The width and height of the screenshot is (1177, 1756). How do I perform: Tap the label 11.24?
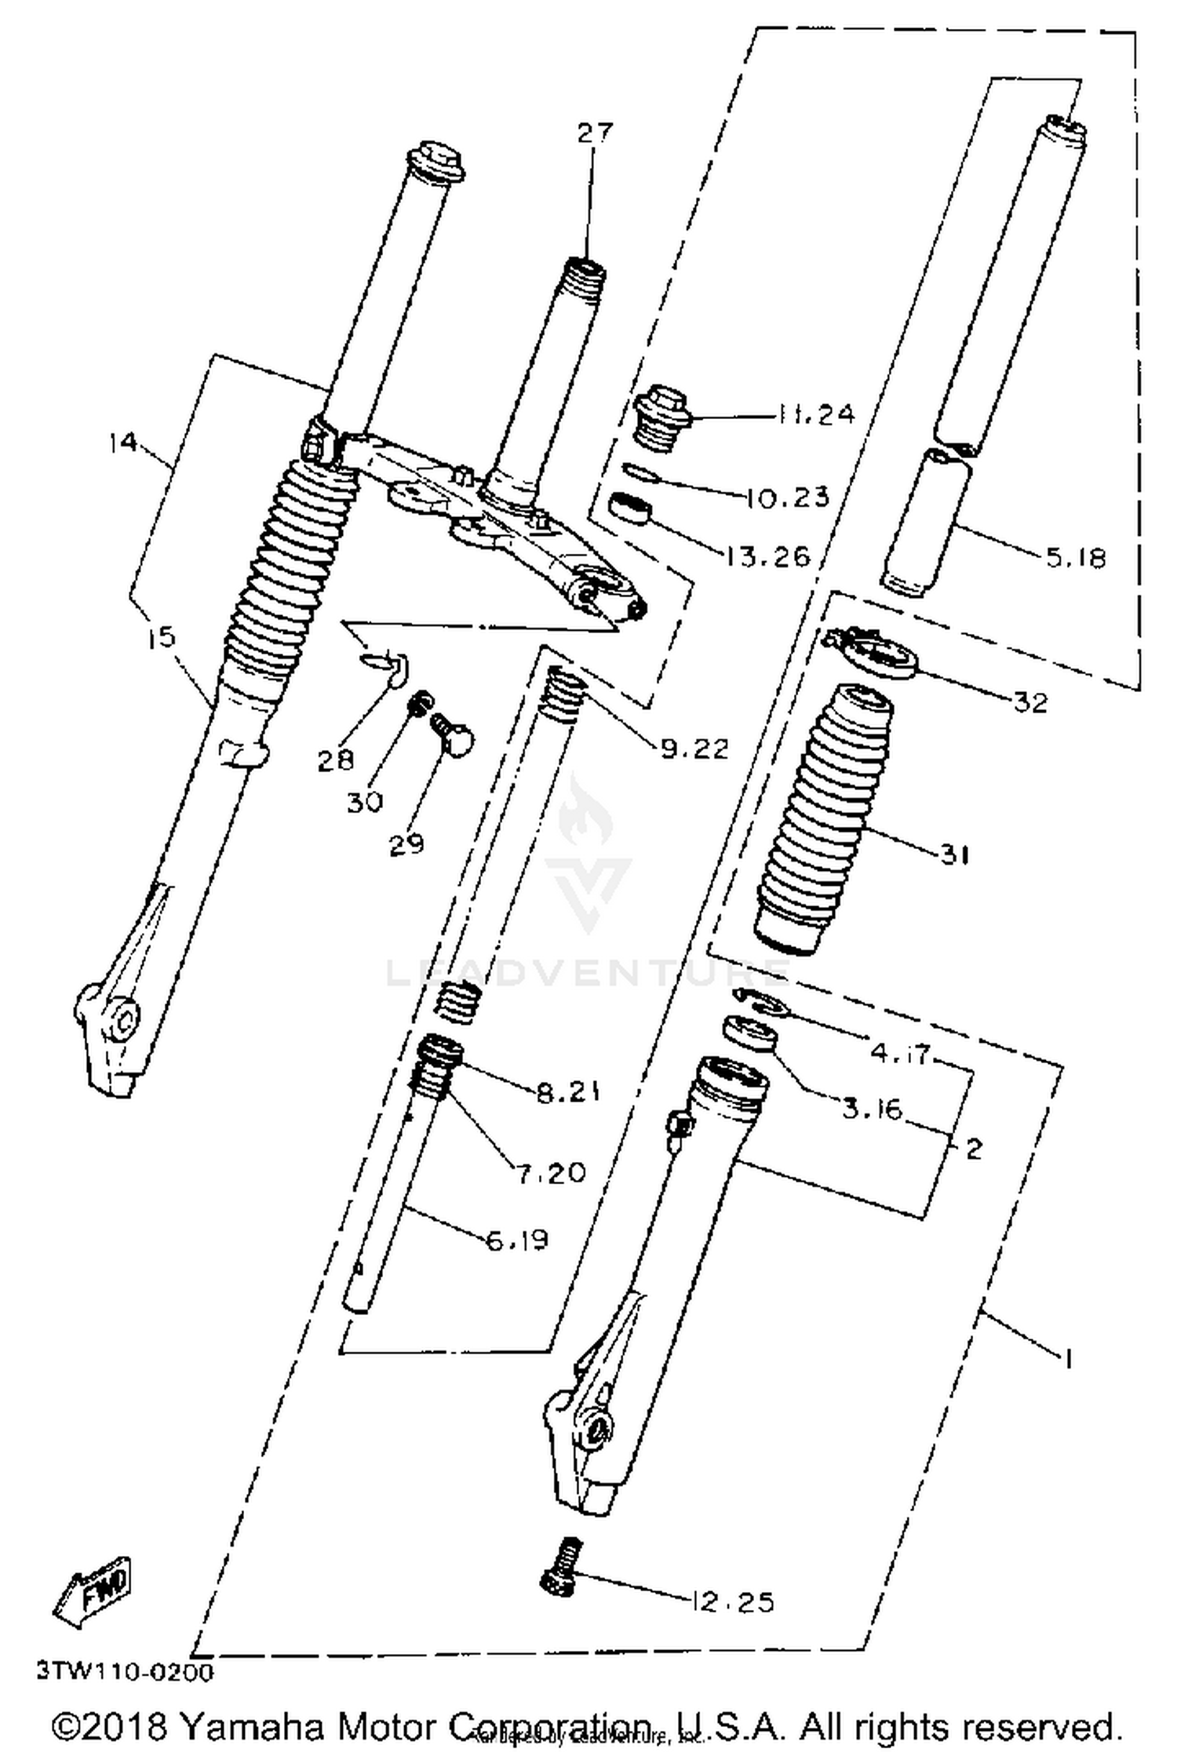pyautogui.click(x=815, y=413)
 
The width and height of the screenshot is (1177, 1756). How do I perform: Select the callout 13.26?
pyautogui.click(x=767, y=556)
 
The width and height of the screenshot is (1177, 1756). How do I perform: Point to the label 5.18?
pyautogui.click(x=1074, y=558)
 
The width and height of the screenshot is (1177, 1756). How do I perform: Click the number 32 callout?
pyautogui.click(x=1030, y=702)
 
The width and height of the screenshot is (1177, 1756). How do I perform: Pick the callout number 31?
pyautogui.click(x=954, y=854)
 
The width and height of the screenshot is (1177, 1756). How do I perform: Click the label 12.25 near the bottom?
pyautogui.click(x=733, y=1601)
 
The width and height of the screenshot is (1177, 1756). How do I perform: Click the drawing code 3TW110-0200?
pyautogui.click(x=124, y=1673)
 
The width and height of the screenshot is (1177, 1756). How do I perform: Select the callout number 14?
pyautogui.click(x=123, y=443)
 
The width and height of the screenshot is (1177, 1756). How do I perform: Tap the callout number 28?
pyautogui.click(x=335, y=760)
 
